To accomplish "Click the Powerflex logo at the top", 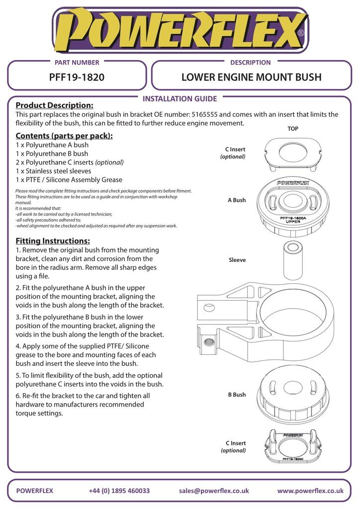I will [180, 31].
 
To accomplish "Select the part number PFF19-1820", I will [77, 78].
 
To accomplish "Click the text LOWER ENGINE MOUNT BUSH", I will [251, 78].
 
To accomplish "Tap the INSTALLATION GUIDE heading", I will [180, 99].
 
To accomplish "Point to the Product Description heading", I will [54, 105].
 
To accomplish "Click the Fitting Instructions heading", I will [53, 241].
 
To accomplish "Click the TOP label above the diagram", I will [293, 129].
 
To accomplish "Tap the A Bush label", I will [237, 200].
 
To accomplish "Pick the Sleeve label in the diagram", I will [237, 260].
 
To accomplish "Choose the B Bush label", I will [237, 395].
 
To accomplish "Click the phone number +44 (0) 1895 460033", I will [119, 491].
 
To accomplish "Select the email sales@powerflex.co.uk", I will [214, 491].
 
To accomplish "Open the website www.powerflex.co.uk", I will [310, 491].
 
